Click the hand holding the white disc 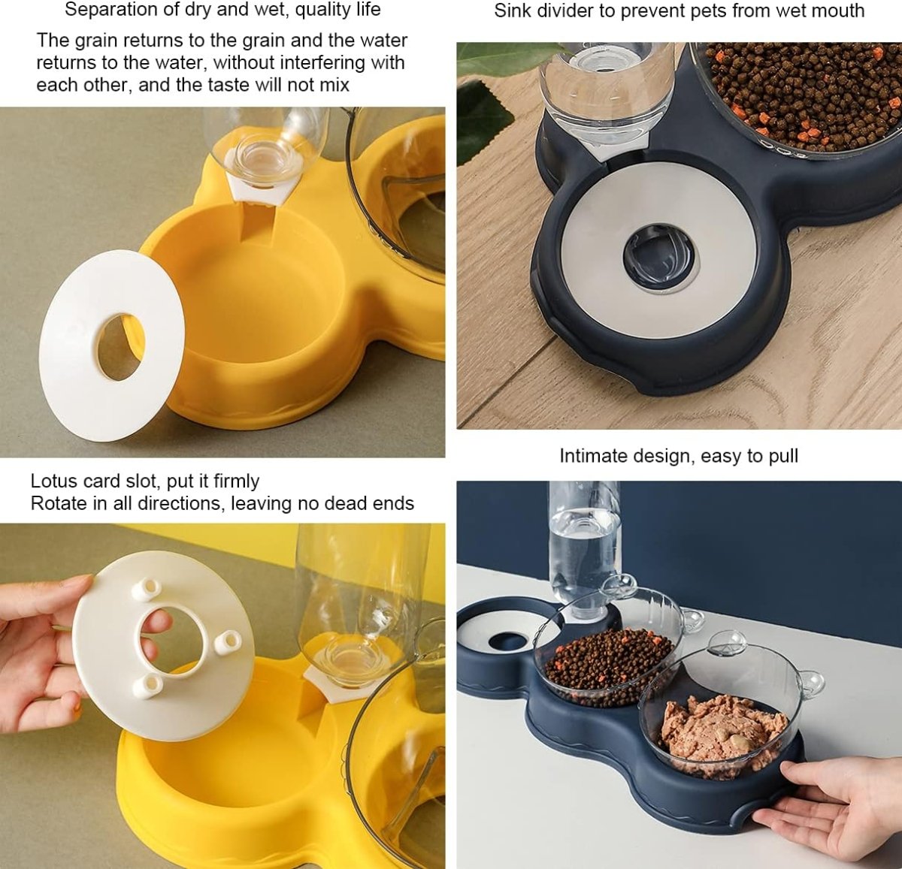pos(38,653)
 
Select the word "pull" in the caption pos(782,456)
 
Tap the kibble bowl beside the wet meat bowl pos(609,661)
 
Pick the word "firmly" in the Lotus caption pos(236,481)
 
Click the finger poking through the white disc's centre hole pos(156,621)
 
